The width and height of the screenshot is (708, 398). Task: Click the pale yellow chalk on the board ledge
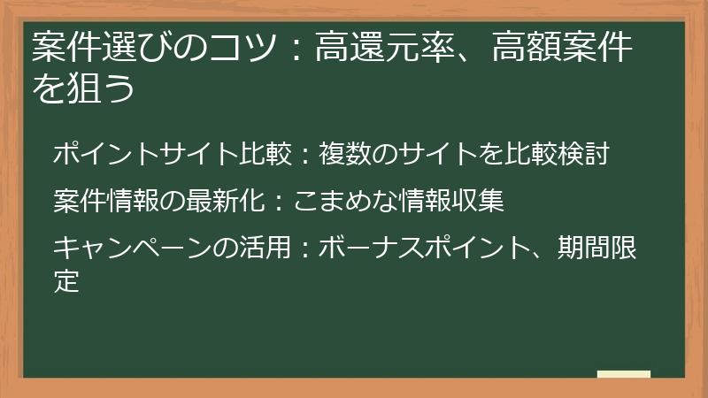(623, 374)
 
